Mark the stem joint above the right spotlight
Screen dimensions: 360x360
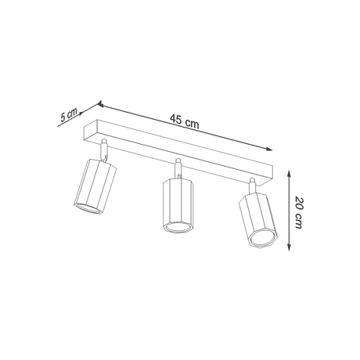pyautogui.click(x=252, y=185)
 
